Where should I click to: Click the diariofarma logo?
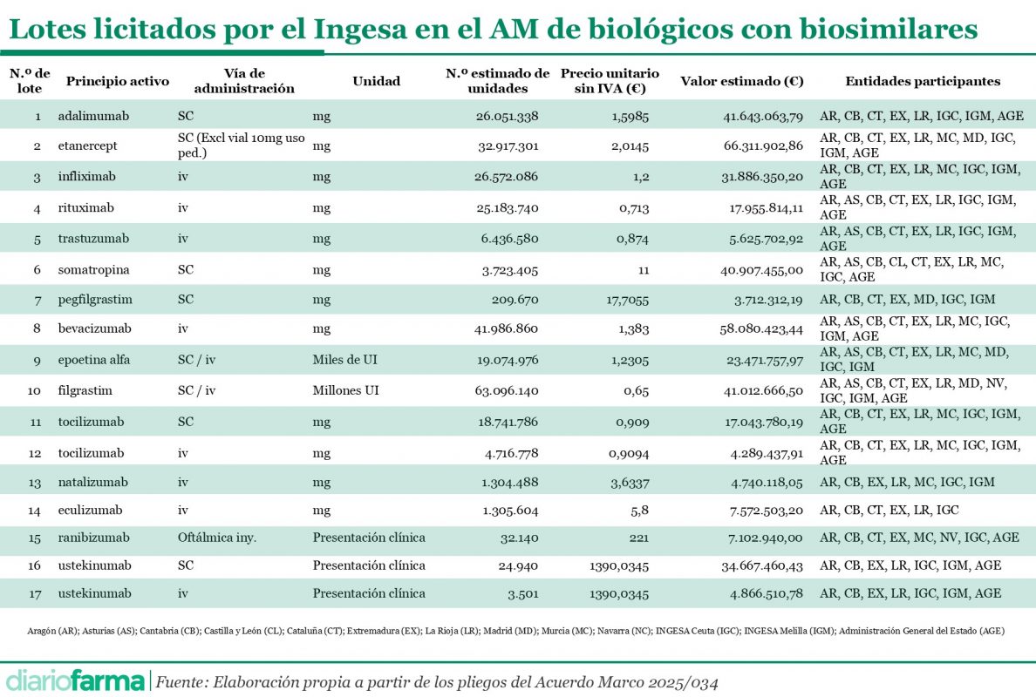pyautogui.click(x=76, y=680)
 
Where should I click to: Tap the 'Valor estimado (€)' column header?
pyautogui.click(x=741, y=81)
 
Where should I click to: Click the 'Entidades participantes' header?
pyautogui.click(x=923, y=81)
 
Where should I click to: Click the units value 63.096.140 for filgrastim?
pyautogui.click(x=508, y=390)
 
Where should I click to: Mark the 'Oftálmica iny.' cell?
pyautogui.click(x=216, y=538)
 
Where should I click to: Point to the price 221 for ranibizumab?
pyautogui.click(x=638, y=538)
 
